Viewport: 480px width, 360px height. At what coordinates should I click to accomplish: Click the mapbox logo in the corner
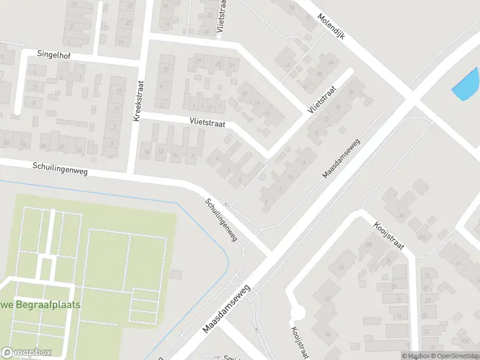point(26,353)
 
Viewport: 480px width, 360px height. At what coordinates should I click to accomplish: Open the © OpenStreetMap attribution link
point(451,356)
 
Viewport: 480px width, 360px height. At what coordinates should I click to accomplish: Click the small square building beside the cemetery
point(176,274)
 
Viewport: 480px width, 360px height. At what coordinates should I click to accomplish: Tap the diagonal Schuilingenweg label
point(221,220)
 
